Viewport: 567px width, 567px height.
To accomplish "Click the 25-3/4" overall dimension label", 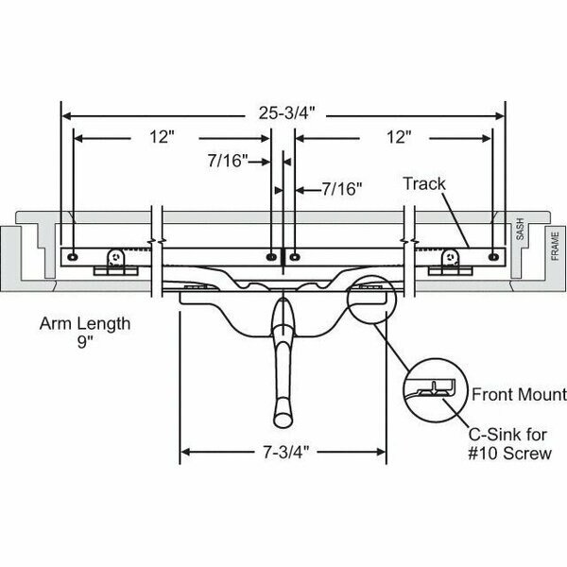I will point(283,113).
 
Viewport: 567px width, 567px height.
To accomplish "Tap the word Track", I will point(423,183).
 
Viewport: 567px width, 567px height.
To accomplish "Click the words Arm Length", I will point(84,324).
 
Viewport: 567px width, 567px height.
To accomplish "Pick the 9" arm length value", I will point(85,343).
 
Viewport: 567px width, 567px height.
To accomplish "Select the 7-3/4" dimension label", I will point(283,452).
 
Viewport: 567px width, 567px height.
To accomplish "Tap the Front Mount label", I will point(519,395).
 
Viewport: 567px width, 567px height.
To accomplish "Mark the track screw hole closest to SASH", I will point(494,254).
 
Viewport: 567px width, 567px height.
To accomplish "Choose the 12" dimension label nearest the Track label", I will point(399,137).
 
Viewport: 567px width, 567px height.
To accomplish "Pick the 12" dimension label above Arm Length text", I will point(162,137).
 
